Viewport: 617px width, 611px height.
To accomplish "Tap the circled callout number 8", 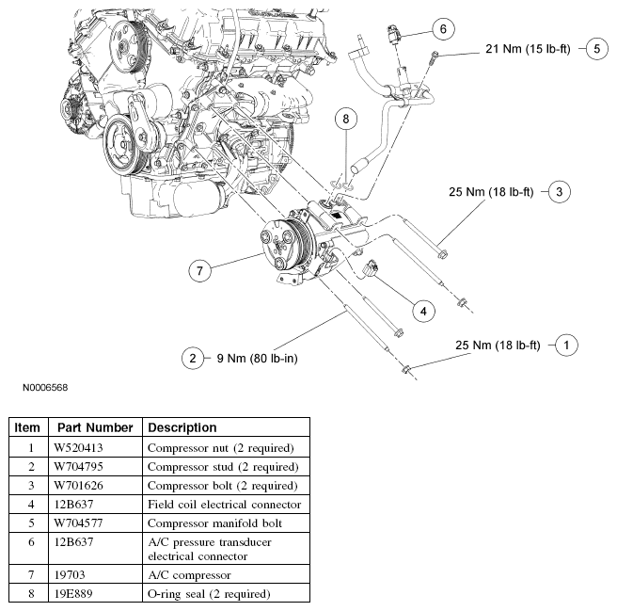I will pyautogui.click(x=346, y=119).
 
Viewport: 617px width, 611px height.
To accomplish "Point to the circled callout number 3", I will pyautogui.click(x=558, y=192).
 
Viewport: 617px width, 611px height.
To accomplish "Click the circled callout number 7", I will pyautogui.click(x=198, y=271).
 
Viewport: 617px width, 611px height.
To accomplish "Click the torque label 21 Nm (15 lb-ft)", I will pyautogui.click(x=530, y=47).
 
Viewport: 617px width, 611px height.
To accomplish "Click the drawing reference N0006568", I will pyautogui.click(x=40, y=386).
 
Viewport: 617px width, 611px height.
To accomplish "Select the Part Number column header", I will pyautogui.click(x=93, y=427).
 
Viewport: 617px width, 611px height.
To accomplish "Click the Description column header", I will pyautogui.click(x=182, y=427).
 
